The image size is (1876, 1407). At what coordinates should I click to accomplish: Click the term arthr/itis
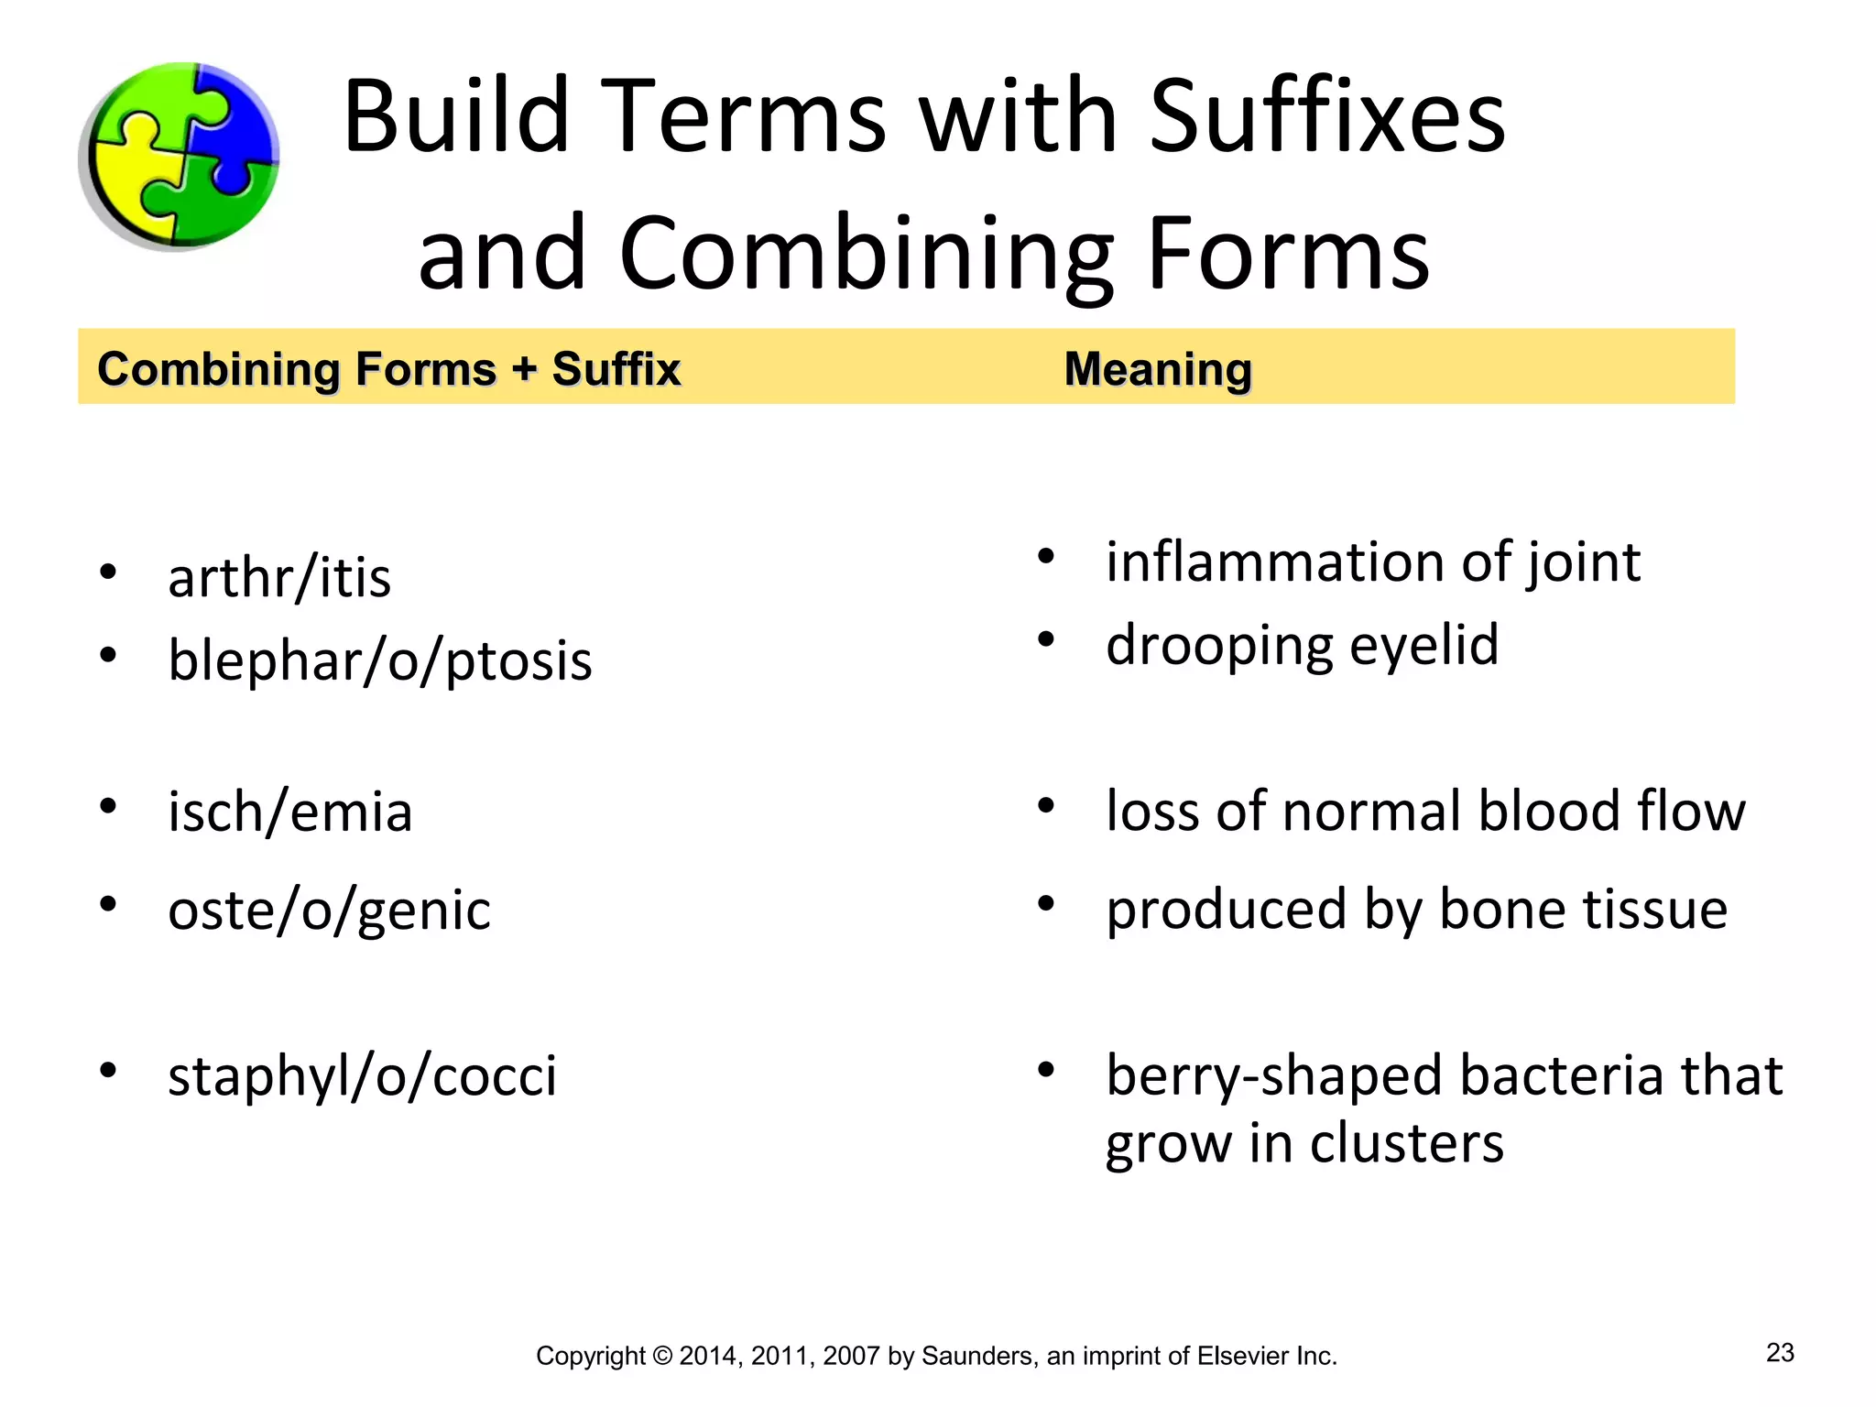pyautogui.click(x=279, y=578)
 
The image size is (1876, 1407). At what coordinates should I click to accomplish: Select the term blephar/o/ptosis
pyautogui.click(x=379, y=660)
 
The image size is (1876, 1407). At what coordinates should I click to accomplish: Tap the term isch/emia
pyautogui.click(x=289, y=812)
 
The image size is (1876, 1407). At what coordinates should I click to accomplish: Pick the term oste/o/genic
pyautogui.click(x=329, y=911)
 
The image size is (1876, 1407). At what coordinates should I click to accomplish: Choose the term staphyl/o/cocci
pyautogui.click(x=362, y=1075)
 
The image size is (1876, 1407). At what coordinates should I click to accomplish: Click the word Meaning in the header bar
pyautogui.click(x=1158, y=369)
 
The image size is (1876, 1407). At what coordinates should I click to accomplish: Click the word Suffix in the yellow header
pyautogui.click(x=616, y=369)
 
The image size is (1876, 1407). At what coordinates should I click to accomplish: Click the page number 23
pyautogui.click(x=1780, y=1353)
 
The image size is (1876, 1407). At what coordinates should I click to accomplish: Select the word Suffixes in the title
pyautogui.click(x=1326, y=117)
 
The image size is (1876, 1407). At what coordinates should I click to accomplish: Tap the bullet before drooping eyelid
pyautogui.click(x=1046, y=639)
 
